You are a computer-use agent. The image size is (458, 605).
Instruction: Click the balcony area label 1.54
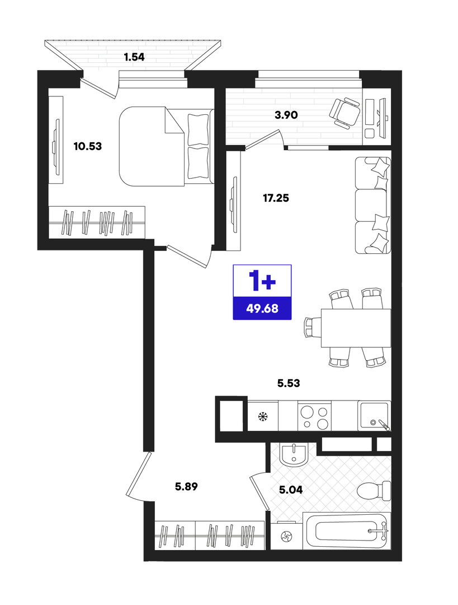click(x=134, y=57)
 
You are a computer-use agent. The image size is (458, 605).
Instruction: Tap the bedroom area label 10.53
click(x=88, y=146)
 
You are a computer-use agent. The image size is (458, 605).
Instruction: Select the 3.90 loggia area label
click(x=286, y=115)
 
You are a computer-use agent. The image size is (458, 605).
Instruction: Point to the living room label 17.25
click(x=276, y=198)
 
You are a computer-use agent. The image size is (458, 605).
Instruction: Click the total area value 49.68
click(x=262, y=308)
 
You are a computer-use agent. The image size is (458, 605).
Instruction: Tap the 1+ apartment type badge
click(x=262, y=281)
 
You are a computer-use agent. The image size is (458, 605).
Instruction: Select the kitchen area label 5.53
click(x=289, y=383)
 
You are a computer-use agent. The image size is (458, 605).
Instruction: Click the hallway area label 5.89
click(x=186, y=487)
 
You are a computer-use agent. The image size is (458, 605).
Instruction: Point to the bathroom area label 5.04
click(x=291, y=490)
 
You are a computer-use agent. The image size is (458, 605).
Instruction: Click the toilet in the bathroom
click(x=374, y=491)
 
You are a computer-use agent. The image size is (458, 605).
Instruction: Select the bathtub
click(x=347, y=531)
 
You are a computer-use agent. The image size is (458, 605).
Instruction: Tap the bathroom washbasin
click(x=294, y=454)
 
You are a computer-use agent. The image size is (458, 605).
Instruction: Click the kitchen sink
click(x=374, y=416)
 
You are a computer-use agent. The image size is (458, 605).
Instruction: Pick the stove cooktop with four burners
click(x=314, y=416)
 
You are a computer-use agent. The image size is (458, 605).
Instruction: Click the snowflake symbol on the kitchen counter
click(x=263, y=416)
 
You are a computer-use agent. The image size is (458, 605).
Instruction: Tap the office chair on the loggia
click(x=344, y=112)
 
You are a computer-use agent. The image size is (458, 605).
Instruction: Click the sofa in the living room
click(x=373, y=205)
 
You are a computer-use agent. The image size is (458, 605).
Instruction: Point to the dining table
click(x=356, y=328)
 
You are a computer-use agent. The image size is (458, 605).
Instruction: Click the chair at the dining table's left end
click(x=313, y=327)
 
